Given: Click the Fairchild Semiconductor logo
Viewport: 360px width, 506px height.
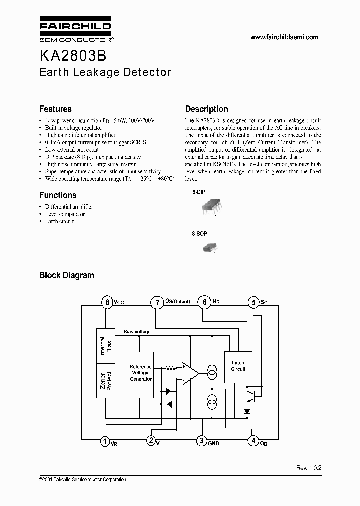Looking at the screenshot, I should [75, 31].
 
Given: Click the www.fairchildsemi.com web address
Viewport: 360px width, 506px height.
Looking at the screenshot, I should [284, 37].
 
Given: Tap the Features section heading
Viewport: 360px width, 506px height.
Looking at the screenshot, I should [55, 109].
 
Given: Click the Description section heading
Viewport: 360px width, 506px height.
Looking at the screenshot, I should [206, 109].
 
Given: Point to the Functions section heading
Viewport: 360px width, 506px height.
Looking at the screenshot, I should [58, 195].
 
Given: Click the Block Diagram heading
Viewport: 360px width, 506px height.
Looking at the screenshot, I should [66, 275].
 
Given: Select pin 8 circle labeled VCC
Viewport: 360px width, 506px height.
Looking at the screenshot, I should [107, 302].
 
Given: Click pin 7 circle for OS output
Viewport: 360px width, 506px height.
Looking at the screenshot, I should [156, 302].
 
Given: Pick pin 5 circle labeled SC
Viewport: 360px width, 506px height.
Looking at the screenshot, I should [253, 302].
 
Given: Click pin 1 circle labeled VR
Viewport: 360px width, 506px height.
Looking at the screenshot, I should [105, 441].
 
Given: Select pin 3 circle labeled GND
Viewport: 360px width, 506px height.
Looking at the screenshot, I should [202, 441].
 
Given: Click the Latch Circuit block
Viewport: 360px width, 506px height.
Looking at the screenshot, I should [238, 366].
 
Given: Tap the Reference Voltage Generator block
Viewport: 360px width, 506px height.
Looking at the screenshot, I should [140, 373].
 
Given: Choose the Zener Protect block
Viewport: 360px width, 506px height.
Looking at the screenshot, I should [106, 381].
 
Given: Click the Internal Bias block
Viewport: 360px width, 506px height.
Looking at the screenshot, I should [106, 346].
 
